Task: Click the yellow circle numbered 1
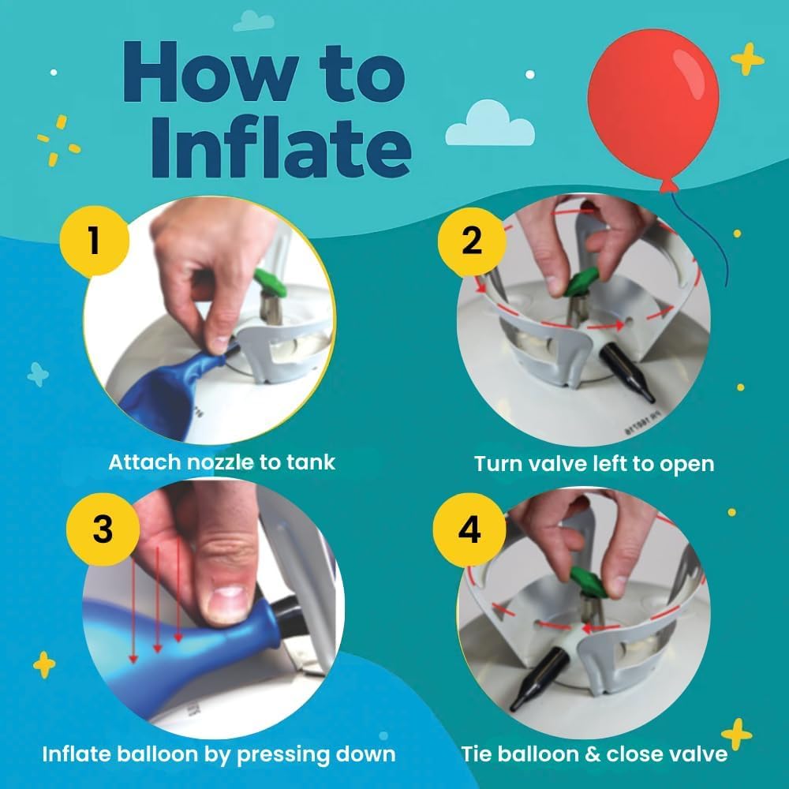[x=95, y=241]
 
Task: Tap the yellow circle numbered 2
[x=472, y=242]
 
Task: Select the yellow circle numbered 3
[x=103, y=529]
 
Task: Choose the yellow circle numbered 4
[x=469, y=529]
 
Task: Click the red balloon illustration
[x=653, y=108]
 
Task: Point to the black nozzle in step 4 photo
[x=538, y=679]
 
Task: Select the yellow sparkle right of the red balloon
[x=747, y=59]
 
